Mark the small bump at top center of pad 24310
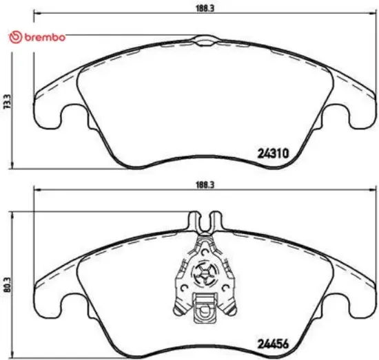(206, 42)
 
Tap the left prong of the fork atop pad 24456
(193, 222)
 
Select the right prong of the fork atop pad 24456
(218, 222)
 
